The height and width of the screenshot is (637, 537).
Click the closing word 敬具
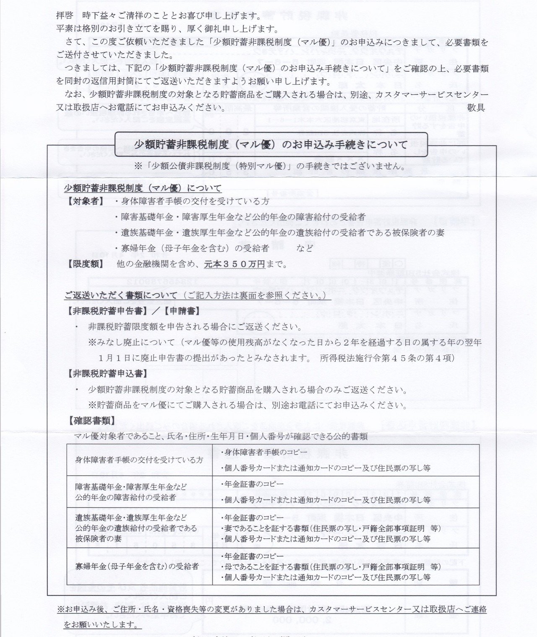coord(476,107)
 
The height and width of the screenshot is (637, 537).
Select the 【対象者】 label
coord(84,201)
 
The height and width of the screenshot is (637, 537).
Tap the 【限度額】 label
coord(84,264)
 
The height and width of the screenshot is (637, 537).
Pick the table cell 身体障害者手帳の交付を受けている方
coord(139,460)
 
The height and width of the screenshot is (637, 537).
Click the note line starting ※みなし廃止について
coord(284,343)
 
